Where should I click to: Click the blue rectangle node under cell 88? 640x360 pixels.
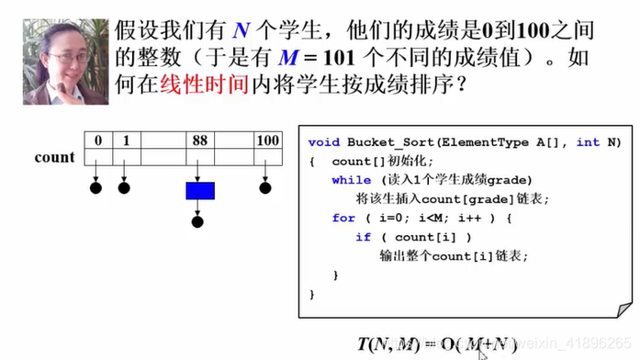click(x=199, y=190)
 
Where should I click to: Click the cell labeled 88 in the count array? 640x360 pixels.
click(x=199, y=141)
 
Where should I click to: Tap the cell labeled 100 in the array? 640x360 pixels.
click(x=266, y=141)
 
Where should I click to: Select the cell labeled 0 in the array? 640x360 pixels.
click(x=95, y=141)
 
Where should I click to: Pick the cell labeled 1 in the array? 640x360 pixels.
click(x=126, y=141)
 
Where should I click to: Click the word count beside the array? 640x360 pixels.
click(x=54, y=157)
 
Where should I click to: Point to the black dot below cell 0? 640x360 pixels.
click(x=95, y=189)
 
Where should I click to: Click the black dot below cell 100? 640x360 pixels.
click(x=265, y=189)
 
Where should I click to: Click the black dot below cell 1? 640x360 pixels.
click(x=124, y=189)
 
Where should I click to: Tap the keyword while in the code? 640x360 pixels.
click(x=352, y=179)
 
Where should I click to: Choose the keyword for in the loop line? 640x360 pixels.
click(x=343, y=218)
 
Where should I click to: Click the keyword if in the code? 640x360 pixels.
click(x=363, y=237)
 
